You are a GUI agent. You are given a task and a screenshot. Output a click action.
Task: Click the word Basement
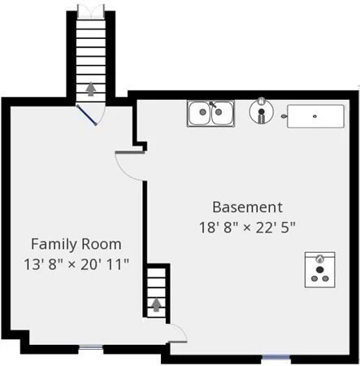coord(247,207)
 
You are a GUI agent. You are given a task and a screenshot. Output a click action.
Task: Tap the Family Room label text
coord(76,244)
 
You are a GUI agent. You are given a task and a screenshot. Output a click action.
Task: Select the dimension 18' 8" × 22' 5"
coord(247,227)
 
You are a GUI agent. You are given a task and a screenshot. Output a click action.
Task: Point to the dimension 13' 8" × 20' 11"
coord(76,264)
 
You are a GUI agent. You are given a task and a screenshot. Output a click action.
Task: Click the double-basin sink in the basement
coord(210,113)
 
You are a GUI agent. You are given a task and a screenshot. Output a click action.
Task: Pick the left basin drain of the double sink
coord(202,111)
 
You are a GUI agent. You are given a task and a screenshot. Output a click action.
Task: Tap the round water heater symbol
coord(262,111)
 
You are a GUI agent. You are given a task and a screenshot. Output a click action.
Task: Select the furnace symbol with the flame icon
coord(320,270)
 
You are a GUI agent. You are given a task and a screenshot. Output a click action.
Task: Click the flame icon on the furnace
coord(320,259)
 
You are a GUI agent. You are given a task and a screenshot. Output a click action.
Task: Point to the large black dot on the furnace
coord(320,270)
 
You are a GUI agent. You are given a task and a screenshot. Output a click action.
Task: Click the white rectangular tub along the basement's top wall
coord(316,116)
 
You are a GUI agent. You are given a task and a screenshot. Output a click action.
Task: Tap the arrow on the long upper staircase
coord(91,89)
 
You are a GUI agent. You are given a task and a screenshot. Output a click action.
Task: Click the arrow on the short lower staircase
coord(156,305)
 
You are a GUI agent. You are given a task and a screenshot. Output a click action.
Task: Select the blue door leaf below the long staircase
coord(86,115)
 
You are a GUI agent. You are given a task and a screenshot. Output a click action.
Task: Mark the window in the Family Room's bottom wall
coord(91,347)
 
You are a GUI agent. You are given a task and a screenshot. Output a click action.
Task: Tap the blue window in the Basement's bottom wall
coord(276,357)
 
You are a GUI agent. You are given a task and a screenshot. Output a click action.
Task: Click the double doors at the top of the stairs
coord(91,11)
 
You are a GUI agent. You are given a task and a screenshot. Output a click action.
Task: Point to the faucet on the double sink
coord(213,104)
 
